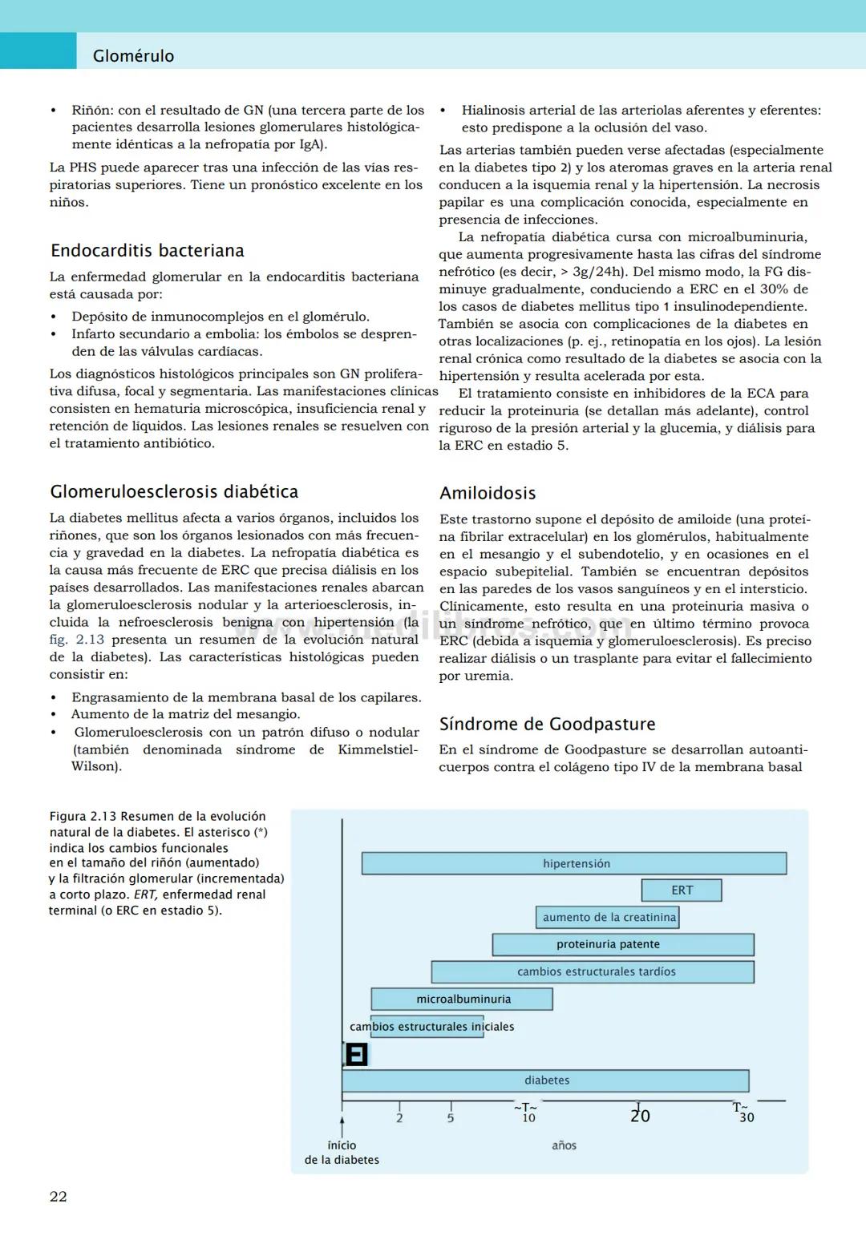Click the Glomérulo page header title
tap(133, 56)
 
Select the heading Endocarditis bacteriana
tap(147, 251)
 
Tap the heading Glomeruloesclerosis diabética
tap(174, 492)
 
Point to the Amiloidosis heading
tap(488, 494)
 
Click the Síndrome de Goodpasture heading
tap(547, 725)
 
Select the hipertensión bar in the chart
tap(574, 863)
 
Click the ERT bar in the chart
tap(682, 890)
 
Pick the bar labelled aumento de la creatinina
tap(608, 917)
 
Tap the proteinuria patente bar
tap(623, 944)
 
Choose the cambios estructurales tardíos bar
tap(593, 971)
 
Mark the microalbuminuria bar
tap(462, 999)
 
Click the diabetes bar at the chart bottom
tap(545, 1080)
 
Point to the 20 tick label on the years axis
tap(640, 1116)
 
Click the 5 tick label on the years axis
tap(451, 1118)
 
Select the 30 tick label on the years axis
tap(746, 1117)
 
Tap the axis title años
tap(564, 1145)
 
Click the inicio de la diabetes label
tap(342, 1153)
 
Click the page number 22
tap(59, 1197)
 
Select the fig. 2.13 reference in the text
tap(77, 640)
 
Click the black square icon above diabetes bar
tap(356, 1054)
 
